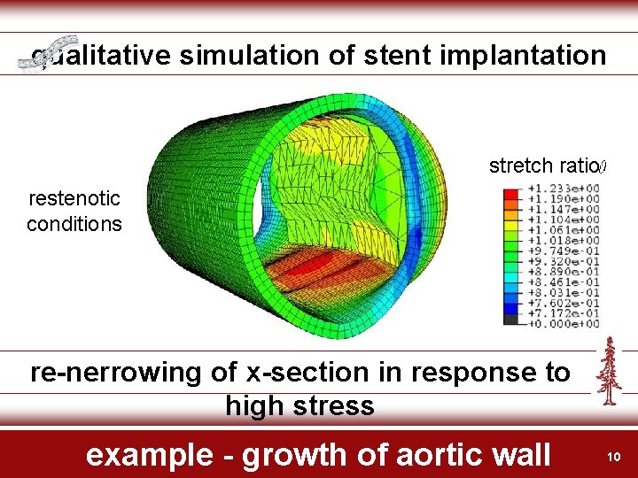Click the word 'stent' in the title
pyautogui.click(x=410, y=56)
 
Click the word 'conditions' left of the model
pyautogui.click(x=74, y=224)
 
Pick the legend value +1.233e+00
pyautogui.click(x=563, y=188)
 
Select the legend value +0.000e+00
pyautogui.click(x=563, y=323)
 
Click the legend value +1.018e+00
pyautogui.click(x=563, y=240)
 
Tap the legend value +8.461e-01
pyautogui.click(x=563, y=281)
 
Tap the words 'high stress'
pyautogui.click(x=300, y=406)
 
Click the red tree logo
pyautogui.click(x=609, y=371)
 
